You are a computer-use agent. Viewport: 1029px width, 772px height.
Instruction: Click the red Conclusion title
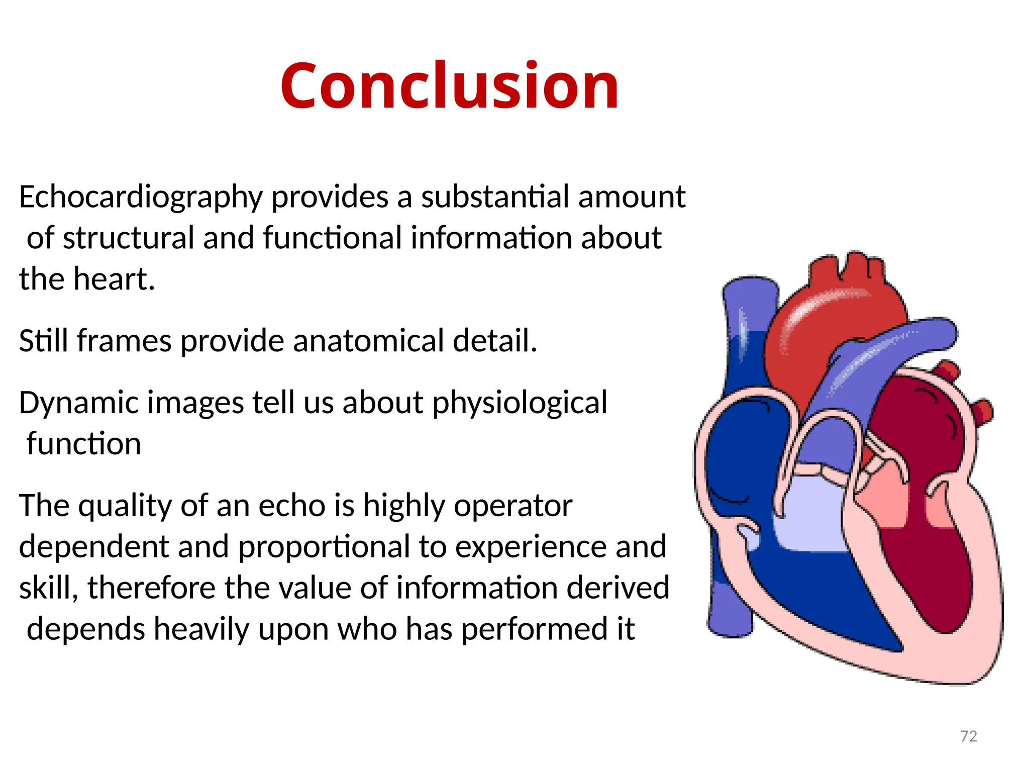[449, 85]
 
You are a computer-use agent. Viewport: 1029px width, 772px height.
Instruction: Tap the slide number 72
[968, 736]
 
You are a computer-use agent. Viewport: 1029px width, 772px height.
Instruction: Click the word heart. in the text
[114, 279]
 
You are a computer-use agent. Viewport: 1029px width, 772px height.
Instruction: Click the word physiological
[519, 403]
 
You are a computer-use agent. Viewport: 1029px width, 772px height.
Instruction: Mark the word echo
[291, 505]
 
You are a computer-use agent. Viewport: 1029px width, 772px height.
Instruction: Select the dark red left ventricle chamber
[919, 568]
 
